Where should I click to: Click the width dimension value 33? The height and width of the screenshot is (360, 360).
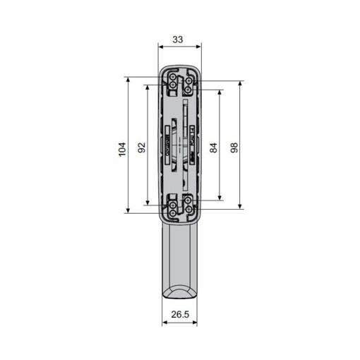point(179,41)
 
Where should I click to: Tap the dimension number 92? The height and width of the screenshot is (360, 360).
point(141,148)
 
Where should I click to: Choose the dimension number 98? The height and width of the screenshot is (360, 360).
point(234,148)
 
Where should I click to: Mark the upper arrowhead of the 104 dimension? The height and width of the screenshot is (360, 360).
point(128,80)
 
